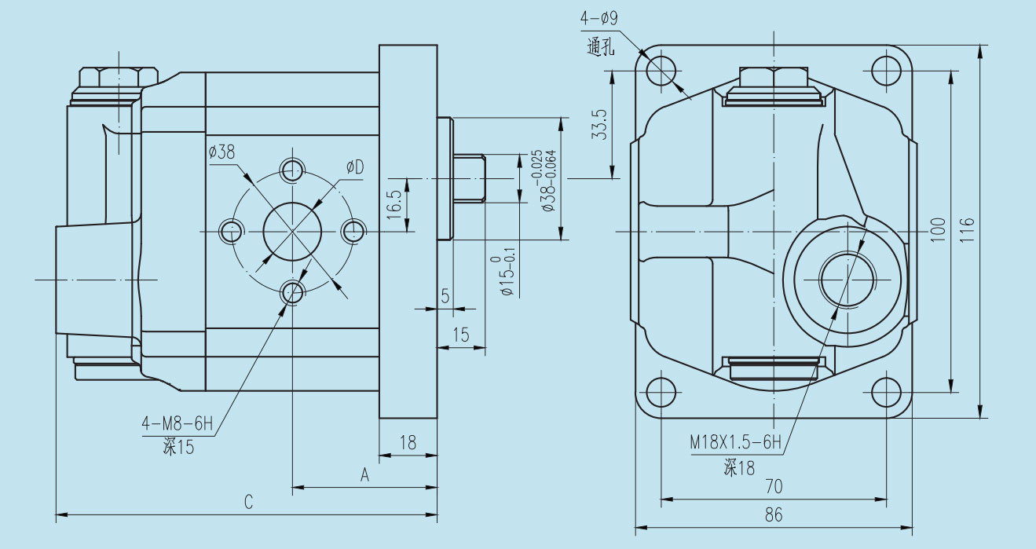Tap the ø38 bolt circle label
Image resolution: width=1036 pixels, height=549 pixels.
tap(222, 152)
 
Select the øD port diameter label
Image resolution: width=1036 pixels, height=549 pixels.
tap(356, 167)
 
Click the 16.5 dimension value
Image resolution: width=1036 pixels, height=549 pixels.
tap(394, 203)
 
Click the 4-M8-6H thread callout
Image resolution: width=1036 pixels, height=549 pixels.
tap(178, 425)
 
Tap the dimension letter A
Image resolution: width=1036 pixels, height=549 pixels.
tap(364, 474)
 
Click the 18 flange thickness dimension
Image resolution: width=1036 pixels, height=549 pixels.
tap(408, 442)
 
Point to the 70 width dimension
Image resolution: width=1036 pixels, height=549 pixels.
tap(774, 486)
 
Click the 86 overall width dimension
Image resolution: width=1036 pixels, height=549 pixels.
tap(774, 515)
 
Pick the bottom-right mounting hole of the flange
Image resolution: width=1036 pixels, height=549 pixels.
tap(887, 392)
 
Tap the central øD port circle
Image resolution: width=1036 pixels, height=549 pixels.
tap(293, 232)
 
